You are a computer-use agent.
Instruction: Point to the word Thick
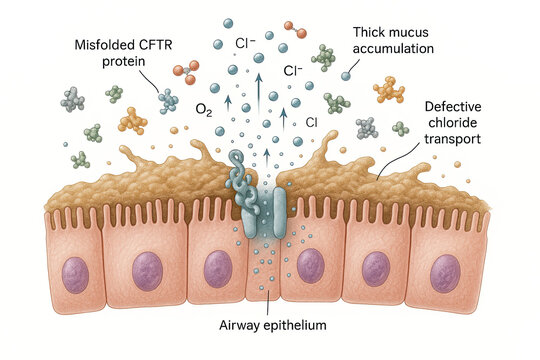click(372, 34)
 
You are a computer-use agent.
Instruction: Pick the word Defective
click(456, 106)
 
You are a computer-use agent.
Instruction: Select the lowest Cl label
click(312, 121)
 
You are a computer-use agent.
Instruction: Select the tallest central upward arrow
click(257, 95)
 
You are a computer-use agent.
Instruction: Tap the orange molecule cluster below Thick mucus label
click(390, 92)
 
